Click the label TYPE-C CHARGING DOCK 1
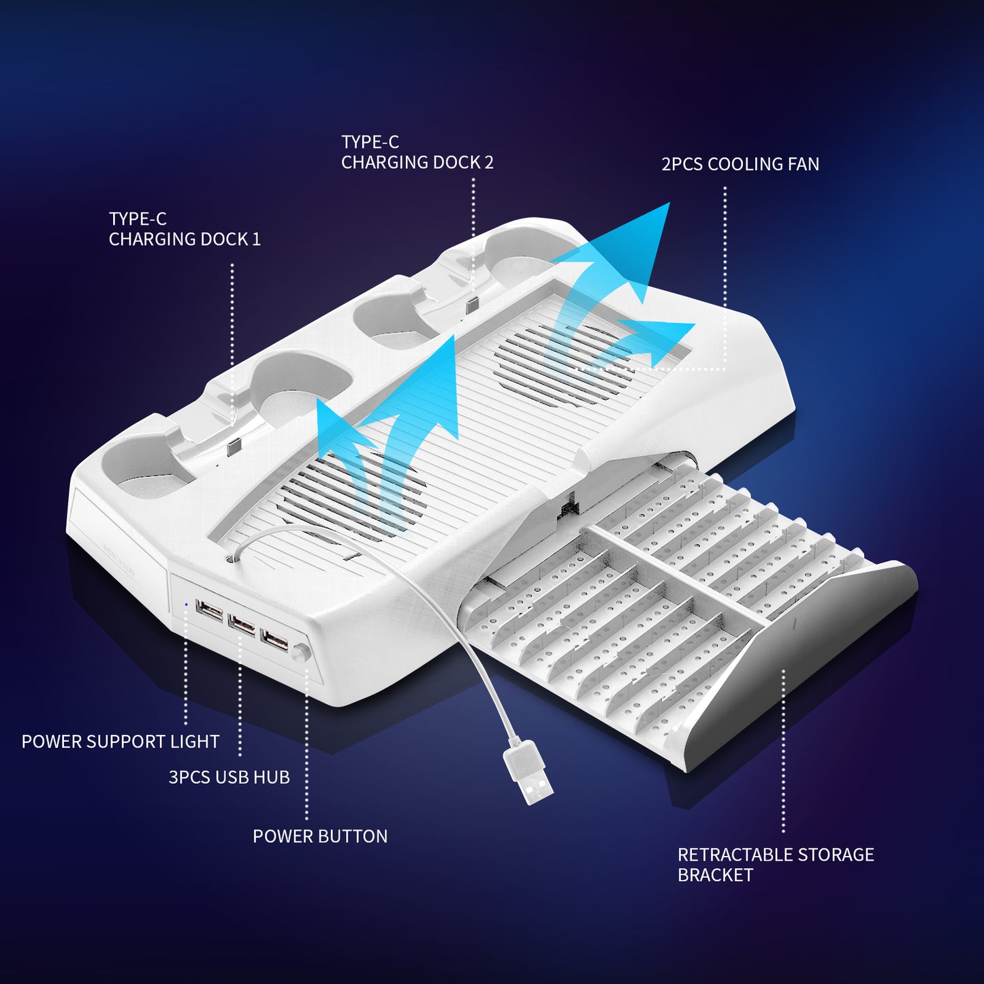tap(185, 229)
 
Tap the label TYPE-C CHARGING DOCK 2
tap(417, 153)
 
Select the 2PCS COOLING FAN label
tap(740, 164)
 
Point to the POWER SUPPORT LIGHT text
tap(121, 742)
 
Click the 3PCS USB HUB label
tap(229, 777)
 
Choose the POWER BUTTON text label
tap(320, 836)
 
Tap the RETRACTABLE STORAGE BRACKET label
tap(776, 865)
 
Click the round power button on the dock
tap(300, 652)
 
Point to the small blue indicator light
tap(187, 604)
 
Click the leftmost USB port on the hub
tap(210, 612)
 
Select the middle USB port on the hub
tap(242, 624)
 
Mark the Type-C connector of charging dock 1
tap(233, 448)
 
